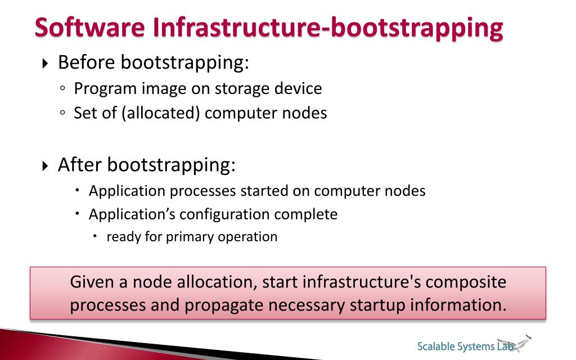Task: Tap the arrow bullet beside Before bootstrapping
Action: pos(46,64)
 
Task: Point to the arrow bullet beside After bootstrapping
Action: pos(46,166)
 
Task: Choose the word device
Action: pos(298,89)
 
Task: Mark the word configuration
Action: pos(225,215)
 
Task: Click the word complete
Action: pos(306,215)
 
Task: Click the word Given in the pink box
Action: pos(92,282)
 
